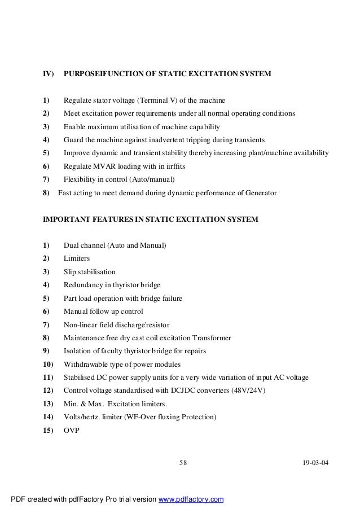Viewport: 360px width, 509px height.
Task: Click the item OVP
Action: [72, 430]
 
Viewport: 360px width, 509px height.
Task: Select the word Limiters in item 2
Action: [77, 258]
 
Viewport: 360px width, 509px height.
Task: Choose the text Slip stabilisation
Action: [90, 271]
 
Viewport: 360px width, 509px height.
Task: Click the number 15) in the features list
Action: [47, 430]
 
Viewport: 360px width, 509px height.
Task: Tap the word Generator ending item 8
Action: [260, 193]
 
